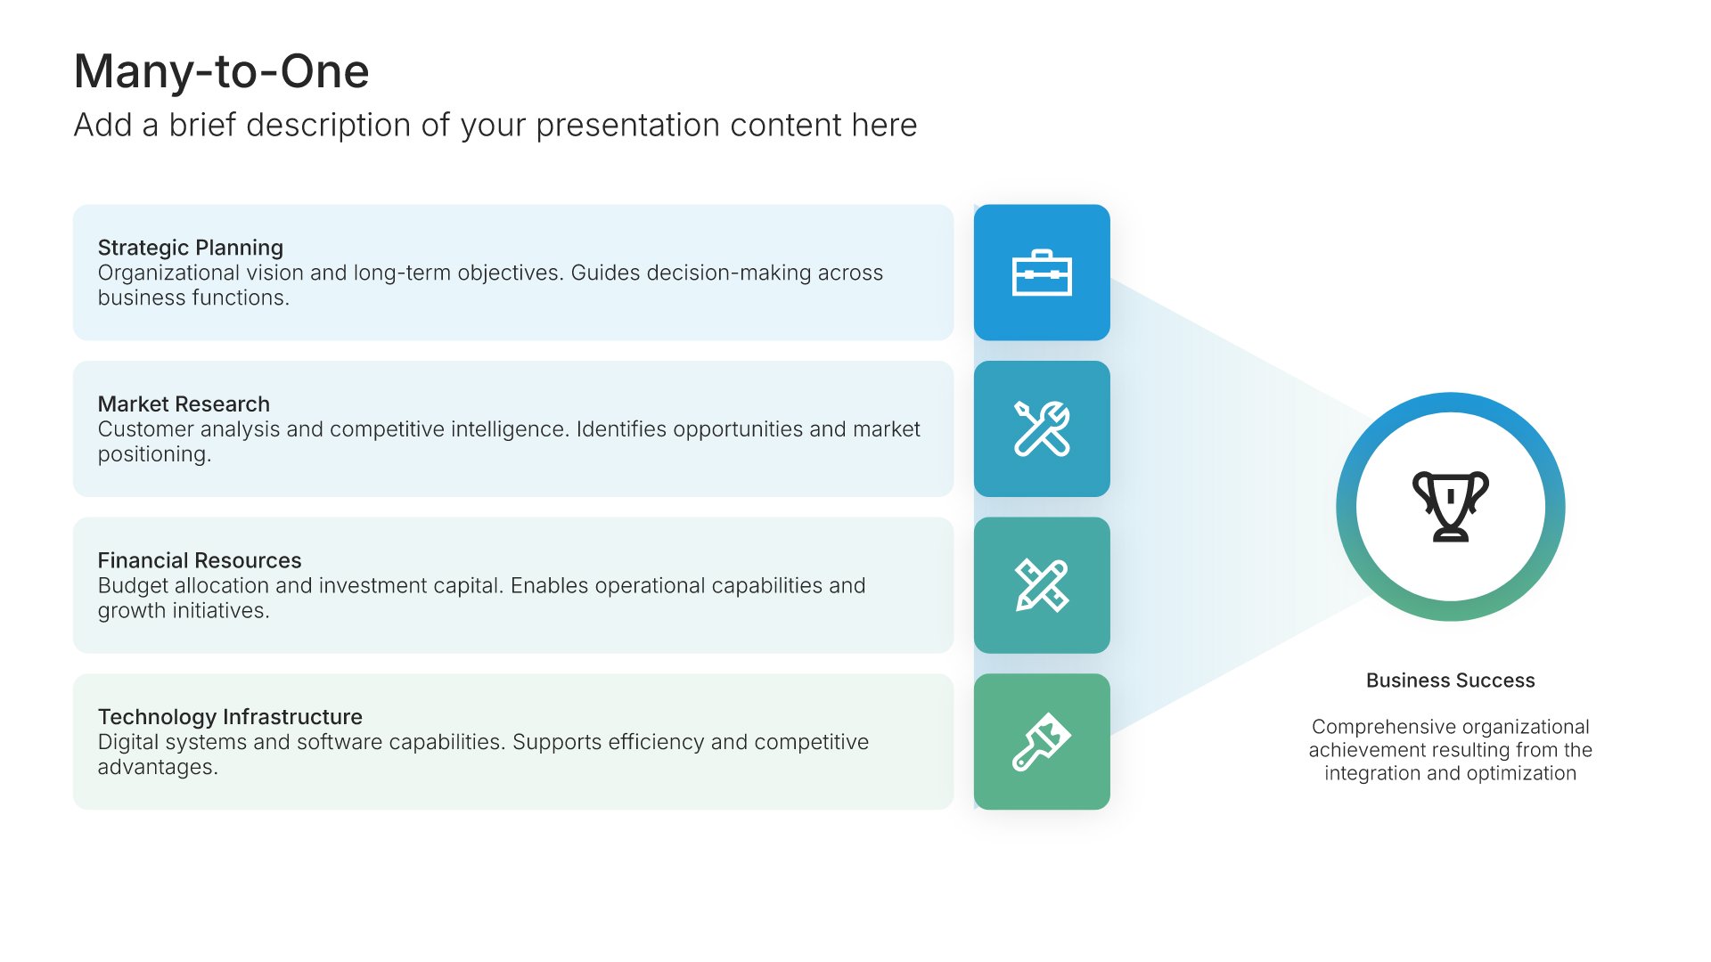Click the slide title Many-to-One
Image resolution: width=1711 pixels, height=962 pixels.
(221, 71)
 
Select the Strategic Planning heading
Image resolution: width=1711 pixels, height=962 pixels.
(191, 248)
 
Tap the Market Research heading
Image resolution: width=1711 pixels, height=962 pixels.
(184, 404)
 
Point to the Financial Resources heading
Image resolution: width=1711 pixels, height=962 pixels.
(200, 560)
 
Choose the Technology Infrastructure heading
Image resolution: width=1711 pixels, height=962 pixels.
(230, 717)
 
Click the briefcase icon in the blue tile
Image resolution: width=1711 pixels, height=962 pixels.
(1042, 273)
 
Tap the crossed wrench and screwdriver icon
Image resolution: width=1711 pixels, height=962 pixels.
(1042, 428)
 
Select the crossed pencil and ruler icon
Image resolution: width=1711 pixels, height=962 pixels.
(1042, 585)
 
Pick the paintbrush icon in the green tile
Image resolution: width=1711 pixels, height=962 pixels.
(1042, 741)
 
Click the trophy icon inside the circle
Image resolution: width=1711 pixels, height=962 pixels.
(1451, 506)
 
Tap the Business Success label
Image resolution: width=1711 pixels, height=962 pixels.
(1451, 681)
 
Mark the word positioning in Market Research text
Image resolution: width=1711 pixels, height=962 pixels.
(154, 454)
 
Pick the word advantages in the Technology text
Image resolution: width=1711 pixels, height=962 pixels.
(158, 767)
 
